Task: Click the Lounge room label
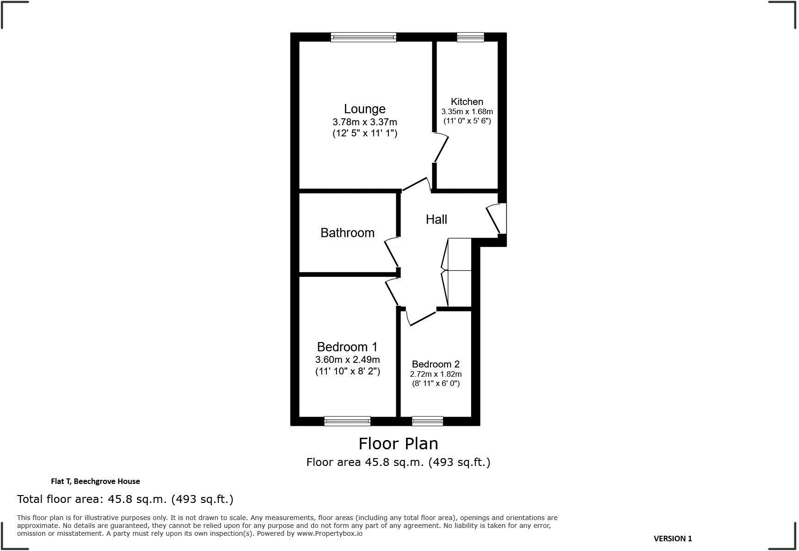364,109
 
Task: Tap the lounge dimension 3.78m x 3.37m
364,122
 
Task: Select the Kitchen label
467,102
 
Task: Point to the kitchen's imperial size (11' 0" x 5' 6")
467,121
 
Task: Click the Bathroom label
347,233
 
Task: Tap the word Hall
436,220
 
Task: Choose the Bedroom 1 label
347,347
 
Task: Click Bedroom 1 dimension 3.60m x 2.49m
347,360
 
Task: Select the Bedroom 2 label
436,364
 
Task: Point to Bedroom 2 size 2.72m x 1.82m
436,374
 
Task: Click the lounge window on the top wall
363,37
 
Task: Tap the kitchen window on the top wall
470,37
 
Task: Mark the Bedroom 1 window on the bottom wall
347,421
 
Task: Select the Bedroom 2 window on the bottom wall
427,421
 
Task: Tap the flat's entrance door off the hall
495,220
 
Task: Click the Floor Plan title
398,444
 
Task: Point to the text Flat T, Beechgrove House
95,481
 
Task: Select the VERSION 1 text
672,539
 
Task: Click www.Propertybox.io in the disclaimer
329,533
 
